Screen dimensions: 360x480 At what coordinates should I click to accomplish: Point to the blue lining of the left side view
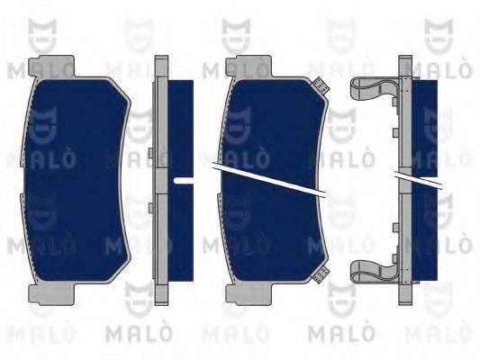(181, 126)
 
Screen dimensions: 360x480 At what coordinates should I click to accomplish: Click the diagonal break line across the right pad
(270, 180)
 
